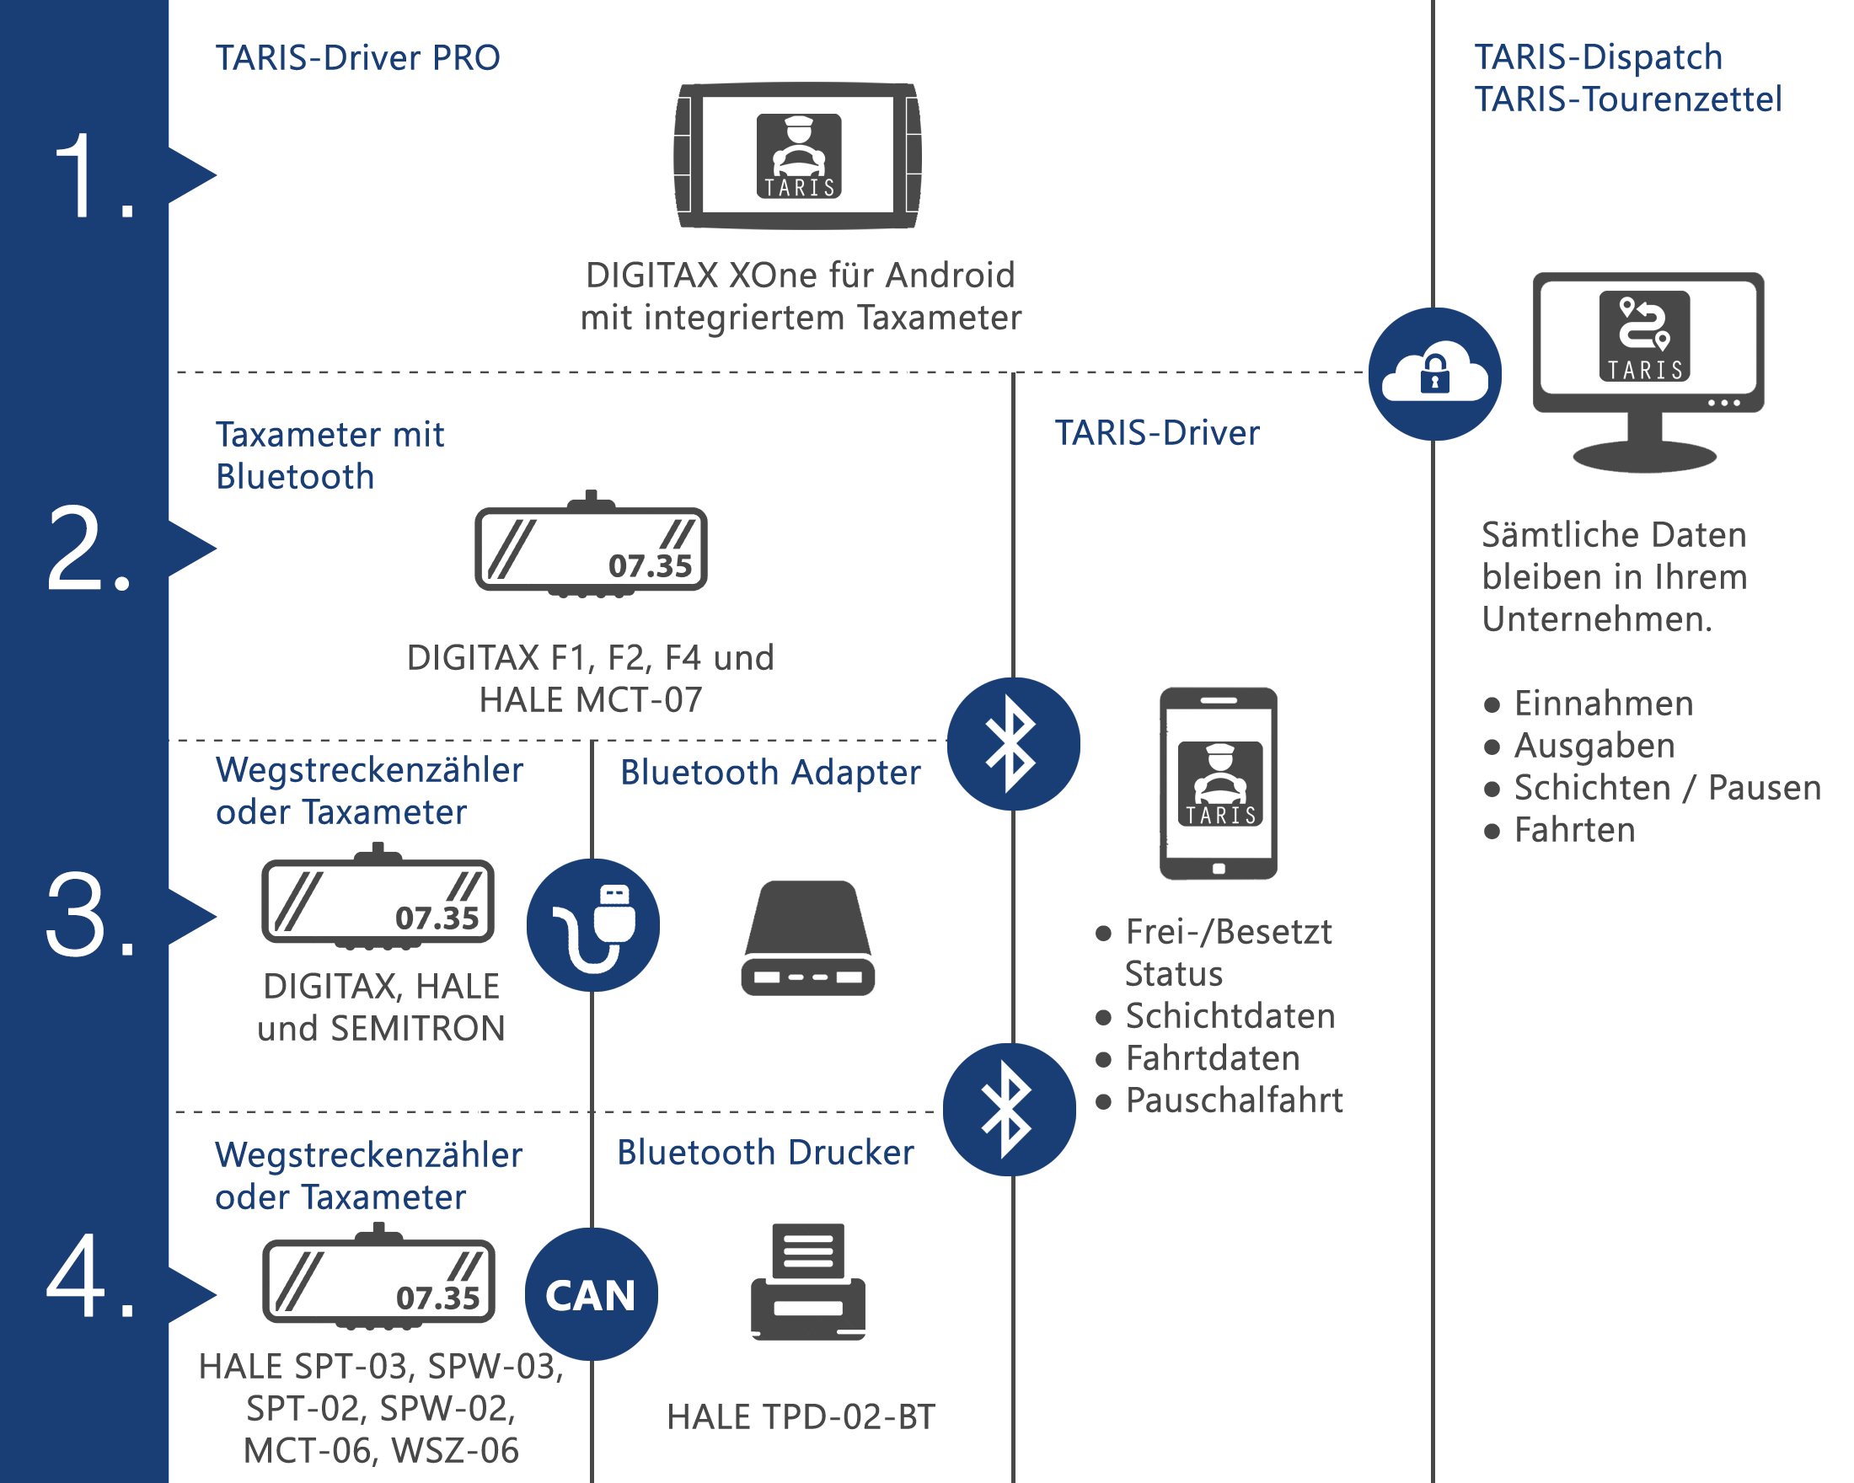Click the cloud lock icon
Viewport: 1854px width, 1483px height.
pos(1434,374)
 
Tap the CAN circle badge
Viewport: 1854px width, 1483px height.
pos(592,1294)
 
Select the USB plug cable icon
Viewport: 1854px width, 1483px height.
pos(593,925)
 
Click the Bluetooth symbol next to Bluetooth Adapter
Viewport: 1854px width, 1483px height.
pos(1013,744)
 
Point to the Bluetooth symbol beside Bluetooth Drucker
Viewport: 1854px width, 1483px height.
pos(1009,1109)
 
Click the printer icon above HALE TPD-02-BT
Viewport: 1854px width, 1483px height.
pos(807,1281)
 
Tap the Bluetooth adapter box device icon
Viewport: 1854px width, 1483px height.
pos(807,938)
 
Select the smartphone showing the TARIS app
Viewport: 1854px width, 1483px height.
pos(1219,783)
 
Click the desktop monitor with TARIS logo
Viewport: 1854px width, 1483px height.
pos(1648,372)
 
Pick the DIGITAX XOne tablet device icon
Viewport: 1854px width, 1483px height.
pos(797,156)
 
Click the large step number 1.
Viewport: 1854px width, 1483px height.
pos(93,176)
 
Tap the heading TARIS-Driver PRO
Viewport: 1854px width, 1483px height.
pos(357,57)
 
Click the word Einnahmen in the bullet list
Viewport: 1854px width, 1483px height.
pos(1604,704)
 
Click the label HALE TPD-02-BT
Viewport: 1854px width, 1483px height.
pos(801,1416)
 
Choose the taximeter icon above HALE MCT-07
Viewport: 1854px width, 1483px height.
pos(591,544)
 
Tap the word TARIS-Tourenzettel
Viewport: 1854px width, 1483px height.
pos(1628,99)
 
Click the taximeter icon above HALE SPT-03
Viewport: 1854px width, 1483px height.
pos(378,1277)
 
